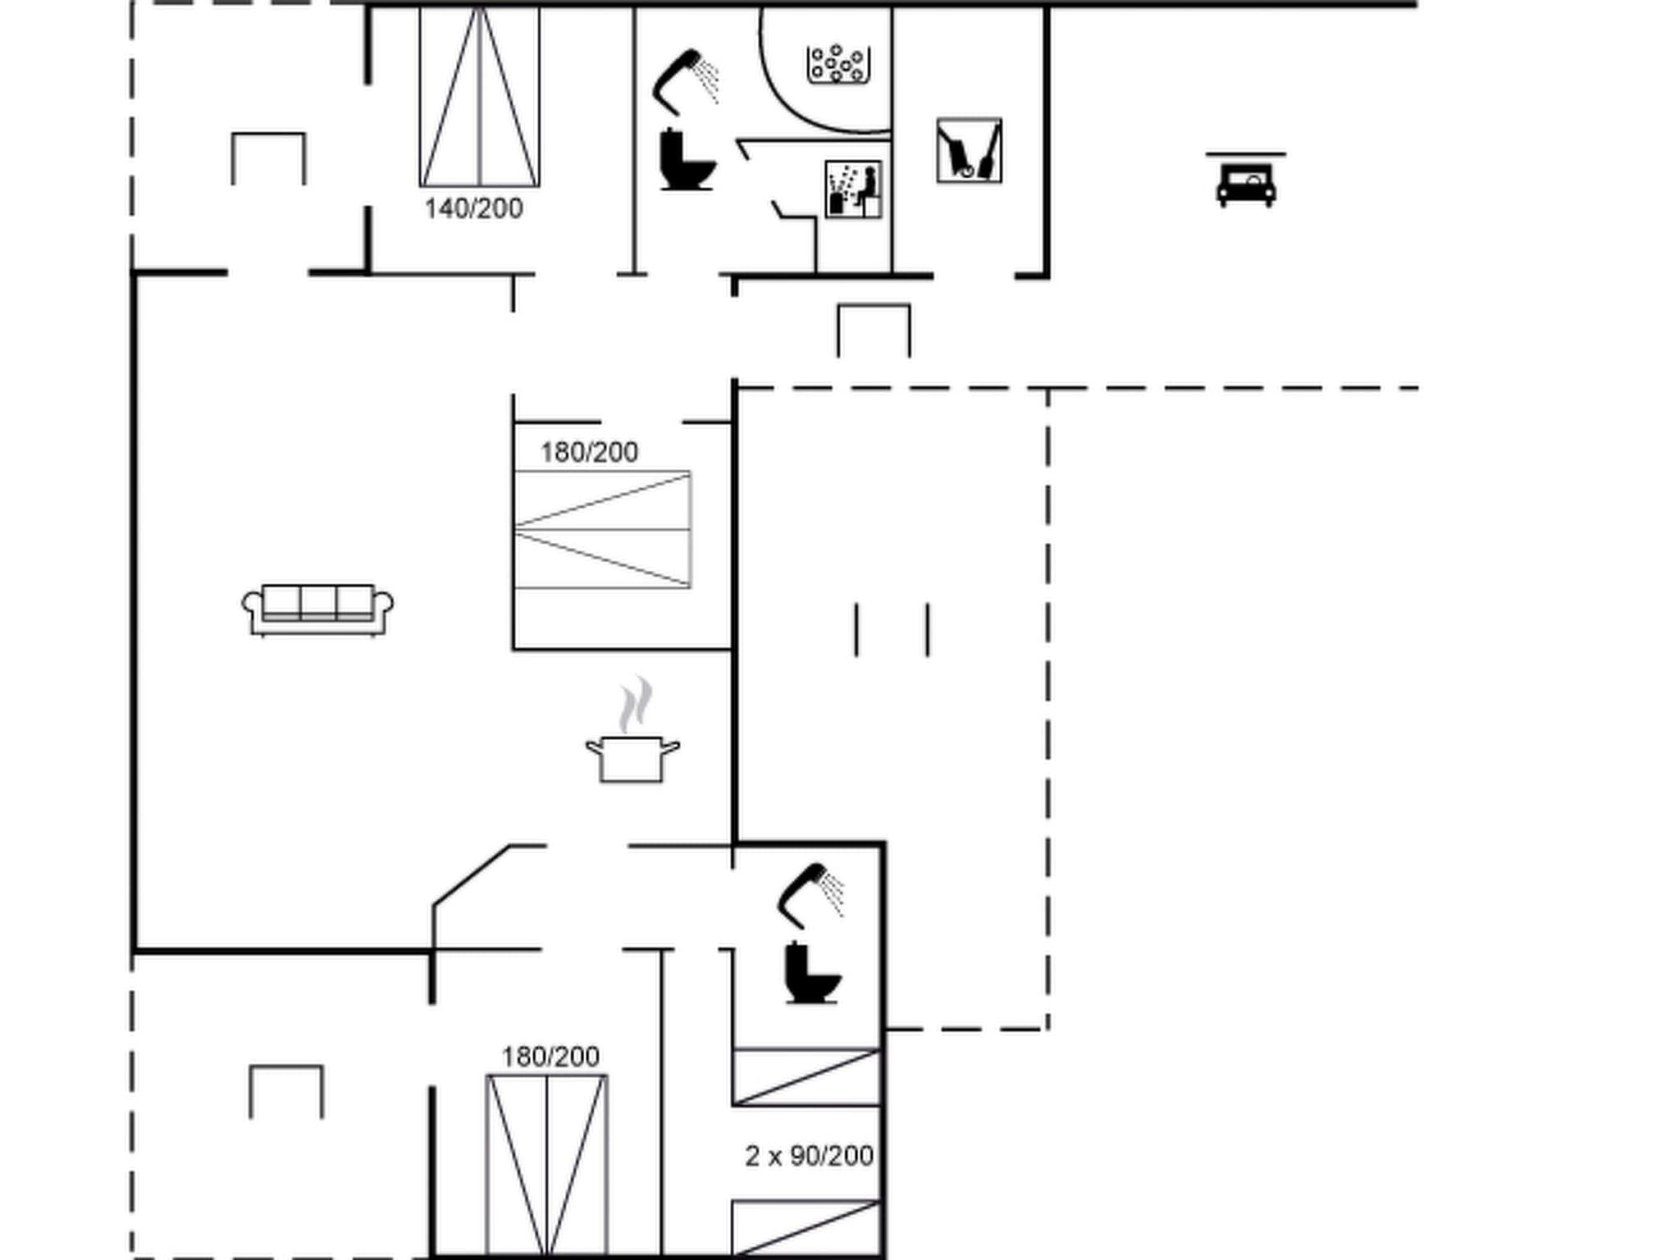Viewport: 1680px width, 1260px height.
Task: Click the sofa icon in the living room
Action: tap(317, 609)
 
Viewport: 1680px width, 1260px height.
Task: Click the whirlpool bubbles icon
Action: tap(838, 64)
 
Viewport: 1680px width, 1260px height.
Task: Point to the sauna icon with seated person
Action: tap(853, 189)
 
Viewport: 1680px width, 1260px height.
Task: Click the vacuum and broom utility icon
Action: tap(969, 151)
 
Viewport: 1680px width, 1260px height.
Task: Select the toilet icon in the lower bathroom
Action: tap(811, 973)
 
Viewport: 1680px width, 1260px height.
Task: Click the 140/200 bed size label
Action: tap(473, 208)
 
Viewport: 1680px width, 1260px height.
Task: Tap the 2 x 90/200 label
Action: tap(809, 1156)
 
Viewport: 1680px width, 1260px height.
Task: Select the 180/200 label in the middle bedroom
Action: tap(589, 452)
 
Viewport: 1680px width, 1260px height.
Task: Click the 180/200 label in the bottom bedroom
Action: tap(550, 1057)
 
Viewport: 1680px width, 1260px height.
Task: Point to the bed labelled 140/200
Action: tap(479, 97)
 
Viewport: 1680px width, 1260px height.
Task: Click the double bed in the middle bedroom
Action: tap(602, 530)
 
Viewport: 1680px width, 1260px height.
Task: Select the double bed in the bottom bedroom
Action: tap(546, 1165)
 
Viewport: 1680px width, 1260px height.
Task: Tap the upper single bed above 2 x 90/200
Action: tap(806, 1077)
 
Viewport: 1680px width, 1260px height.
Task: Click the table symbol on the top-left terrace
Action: tap(269, 158)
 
